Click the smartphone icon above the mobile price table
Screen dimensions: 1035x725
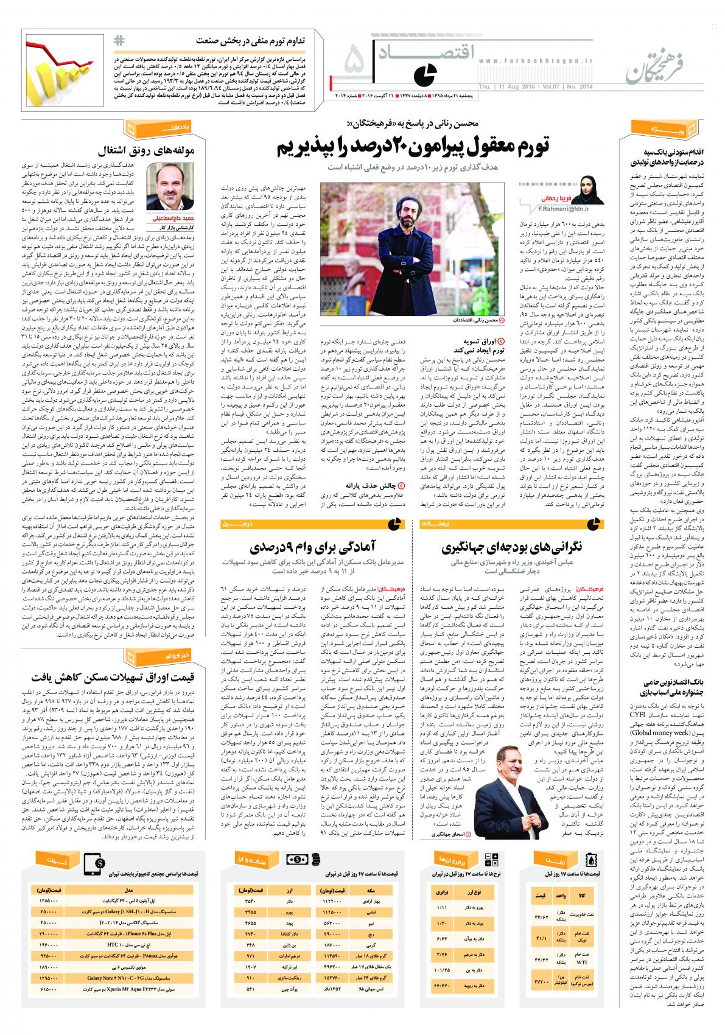(x=93, y=862)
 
